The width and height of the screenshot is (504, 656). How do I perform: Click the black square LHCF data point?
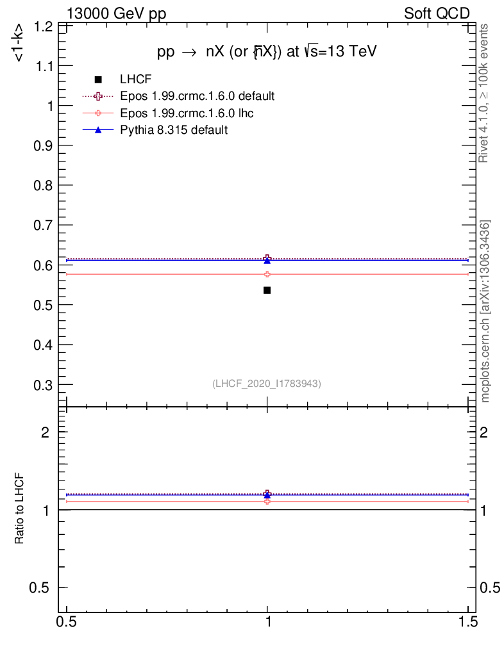267,290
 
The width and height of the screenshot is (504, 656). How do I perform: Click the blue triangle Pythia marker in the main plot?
267,261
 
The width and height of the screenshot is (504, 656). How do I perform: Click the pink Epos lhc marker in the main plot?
267,274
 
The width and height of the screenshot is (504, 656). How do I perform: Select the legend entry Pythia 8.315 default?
174,130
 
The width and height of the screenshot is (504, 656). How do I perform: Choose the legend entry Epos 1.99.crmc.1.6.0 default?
197,96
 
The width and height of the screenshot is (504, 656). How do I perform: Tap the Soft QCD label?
437,13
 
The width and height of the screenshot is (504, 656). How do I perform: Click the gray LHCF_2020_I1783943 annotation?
267,383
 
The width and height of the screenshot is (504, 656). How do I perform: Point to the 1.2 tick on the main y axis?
44,26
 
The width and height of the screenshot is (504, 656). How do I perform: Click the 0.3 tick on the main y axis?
44,385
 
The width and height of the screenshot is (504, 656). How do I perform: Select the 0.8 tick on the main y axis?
44,186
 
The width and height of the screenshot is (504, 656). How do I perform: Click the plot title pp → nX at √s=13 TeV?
267,53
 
